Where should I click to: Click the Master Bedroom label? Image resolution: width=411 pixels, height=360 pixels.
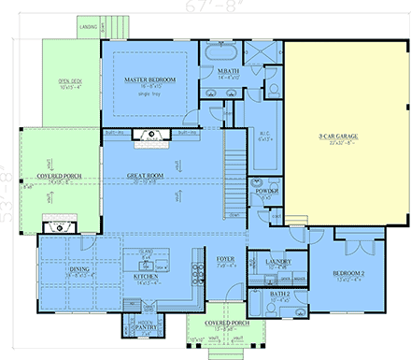click(x=150, y=80)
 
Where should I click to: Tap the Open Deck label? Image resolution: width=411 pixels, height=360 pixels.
click(x=71, y=80)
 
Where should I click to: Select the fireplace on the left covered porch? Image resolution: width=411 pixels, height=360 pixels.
click(x=54, y=222)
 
